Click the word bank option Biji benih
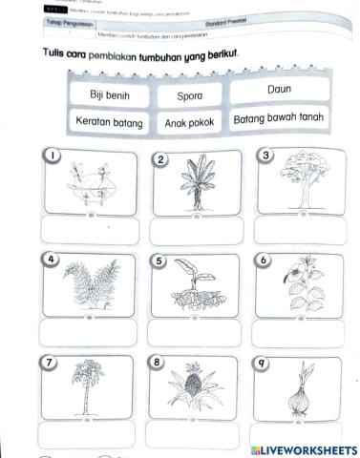(108, 95)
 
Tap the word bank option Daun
(279, 89)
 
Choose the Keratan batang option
(109, 122)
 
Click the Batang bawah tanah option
(278, 119)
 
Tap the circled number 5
(159, 261)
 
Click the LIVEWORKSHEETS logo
(301, 448)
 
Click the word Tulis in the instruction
(45, 56)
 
